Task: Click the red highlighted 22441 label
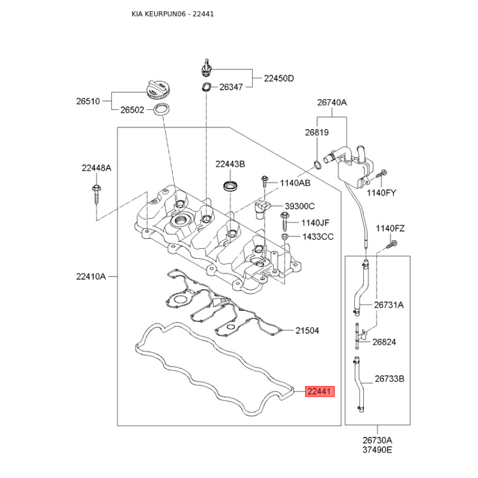tap(320, 391)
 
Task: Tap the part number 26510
tap(88, 101)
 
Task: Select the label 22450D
tap(278, 78)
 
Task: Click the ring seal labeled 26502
tap(161, 109)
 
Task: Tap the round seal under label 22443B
tap(230, 186)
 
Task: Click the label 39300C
tap(300, 206)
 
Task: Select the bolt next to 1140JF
tap(285, 222)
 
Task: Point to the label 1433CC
tap(318, 237)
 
